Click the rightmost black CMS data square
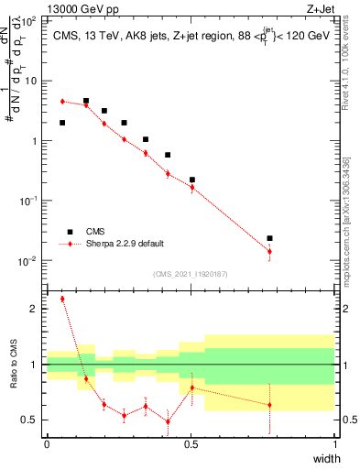(x=269, y=238)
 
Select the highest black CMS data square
(x=86, y=101)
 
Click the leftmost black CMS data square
(x=62, y=123)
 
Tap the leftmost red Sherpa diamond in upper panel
(x=62, y=101)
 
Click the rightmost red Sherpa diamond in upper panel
(x=269, y=251)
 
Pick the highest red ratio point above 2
(x=62, y=299)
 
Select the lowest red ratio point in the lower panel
(x=168, y=422)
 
